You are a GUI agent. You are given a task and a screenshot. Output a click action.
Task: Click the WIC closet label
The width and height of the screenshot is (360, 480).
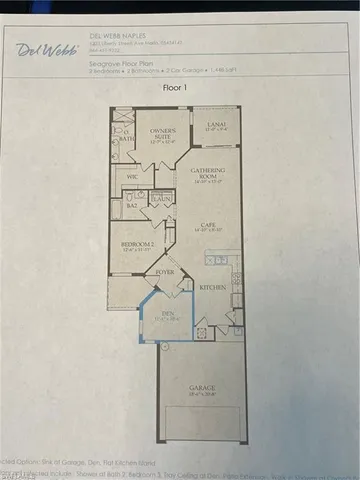pyautogui.click(x=132, y=176)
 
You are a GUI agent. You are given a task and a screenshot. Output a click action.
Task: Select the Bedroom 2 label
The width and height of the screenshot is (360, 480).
pyautogui.click(x=136, y=244)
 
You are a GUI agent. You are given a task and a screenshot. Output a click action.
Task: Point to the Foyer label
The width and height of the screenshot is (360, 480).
pyautogui.click(x=163, y=271)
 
